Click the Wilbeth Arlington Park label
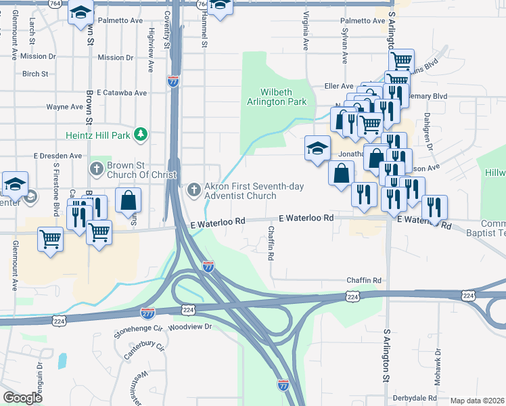(x=283, y=97)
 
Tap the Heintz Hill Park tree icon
(x=141, y=135)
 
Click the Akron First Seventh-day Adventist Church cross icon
(x=195, y=189)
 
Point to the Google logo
(x=22, y=398)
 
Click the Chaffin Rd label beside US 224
(x=364, y=280)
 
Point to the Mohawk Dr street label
(x=438, y=365)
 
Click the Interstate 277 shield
(x=147, y=313)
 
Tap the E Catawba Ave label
(x=122, y=93)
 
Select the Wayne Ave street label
(x=64, y=107)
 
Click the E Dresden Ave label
(x=57, y=156)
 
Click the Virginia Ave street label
(x=306, y=32)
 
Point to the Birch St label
(x=35, y=74)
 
